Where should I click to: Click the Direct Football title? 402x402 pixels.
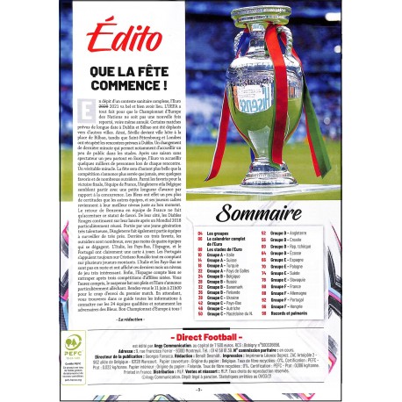[x=201, y=337]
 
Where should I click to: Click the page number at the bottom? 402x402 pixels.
[x=200, y=388]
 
